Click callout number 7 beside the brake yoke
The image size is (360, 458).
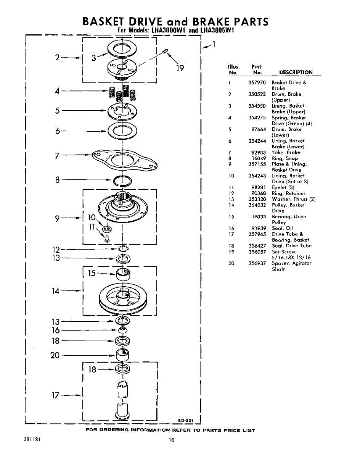57,155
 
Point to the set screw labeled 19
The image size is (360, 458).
166,51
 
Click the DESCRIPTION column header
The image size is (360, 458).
296,72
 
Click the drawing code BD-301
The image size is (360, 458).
186,421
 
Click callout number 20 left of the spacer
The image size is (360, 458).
55,355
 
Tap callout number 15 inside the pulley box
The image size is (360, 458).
92,273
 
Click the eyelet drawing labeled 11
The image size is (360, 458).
107,238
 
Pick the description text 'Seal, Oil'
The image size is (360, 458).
282,228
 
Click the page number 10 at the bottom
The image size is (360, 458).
172,440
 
